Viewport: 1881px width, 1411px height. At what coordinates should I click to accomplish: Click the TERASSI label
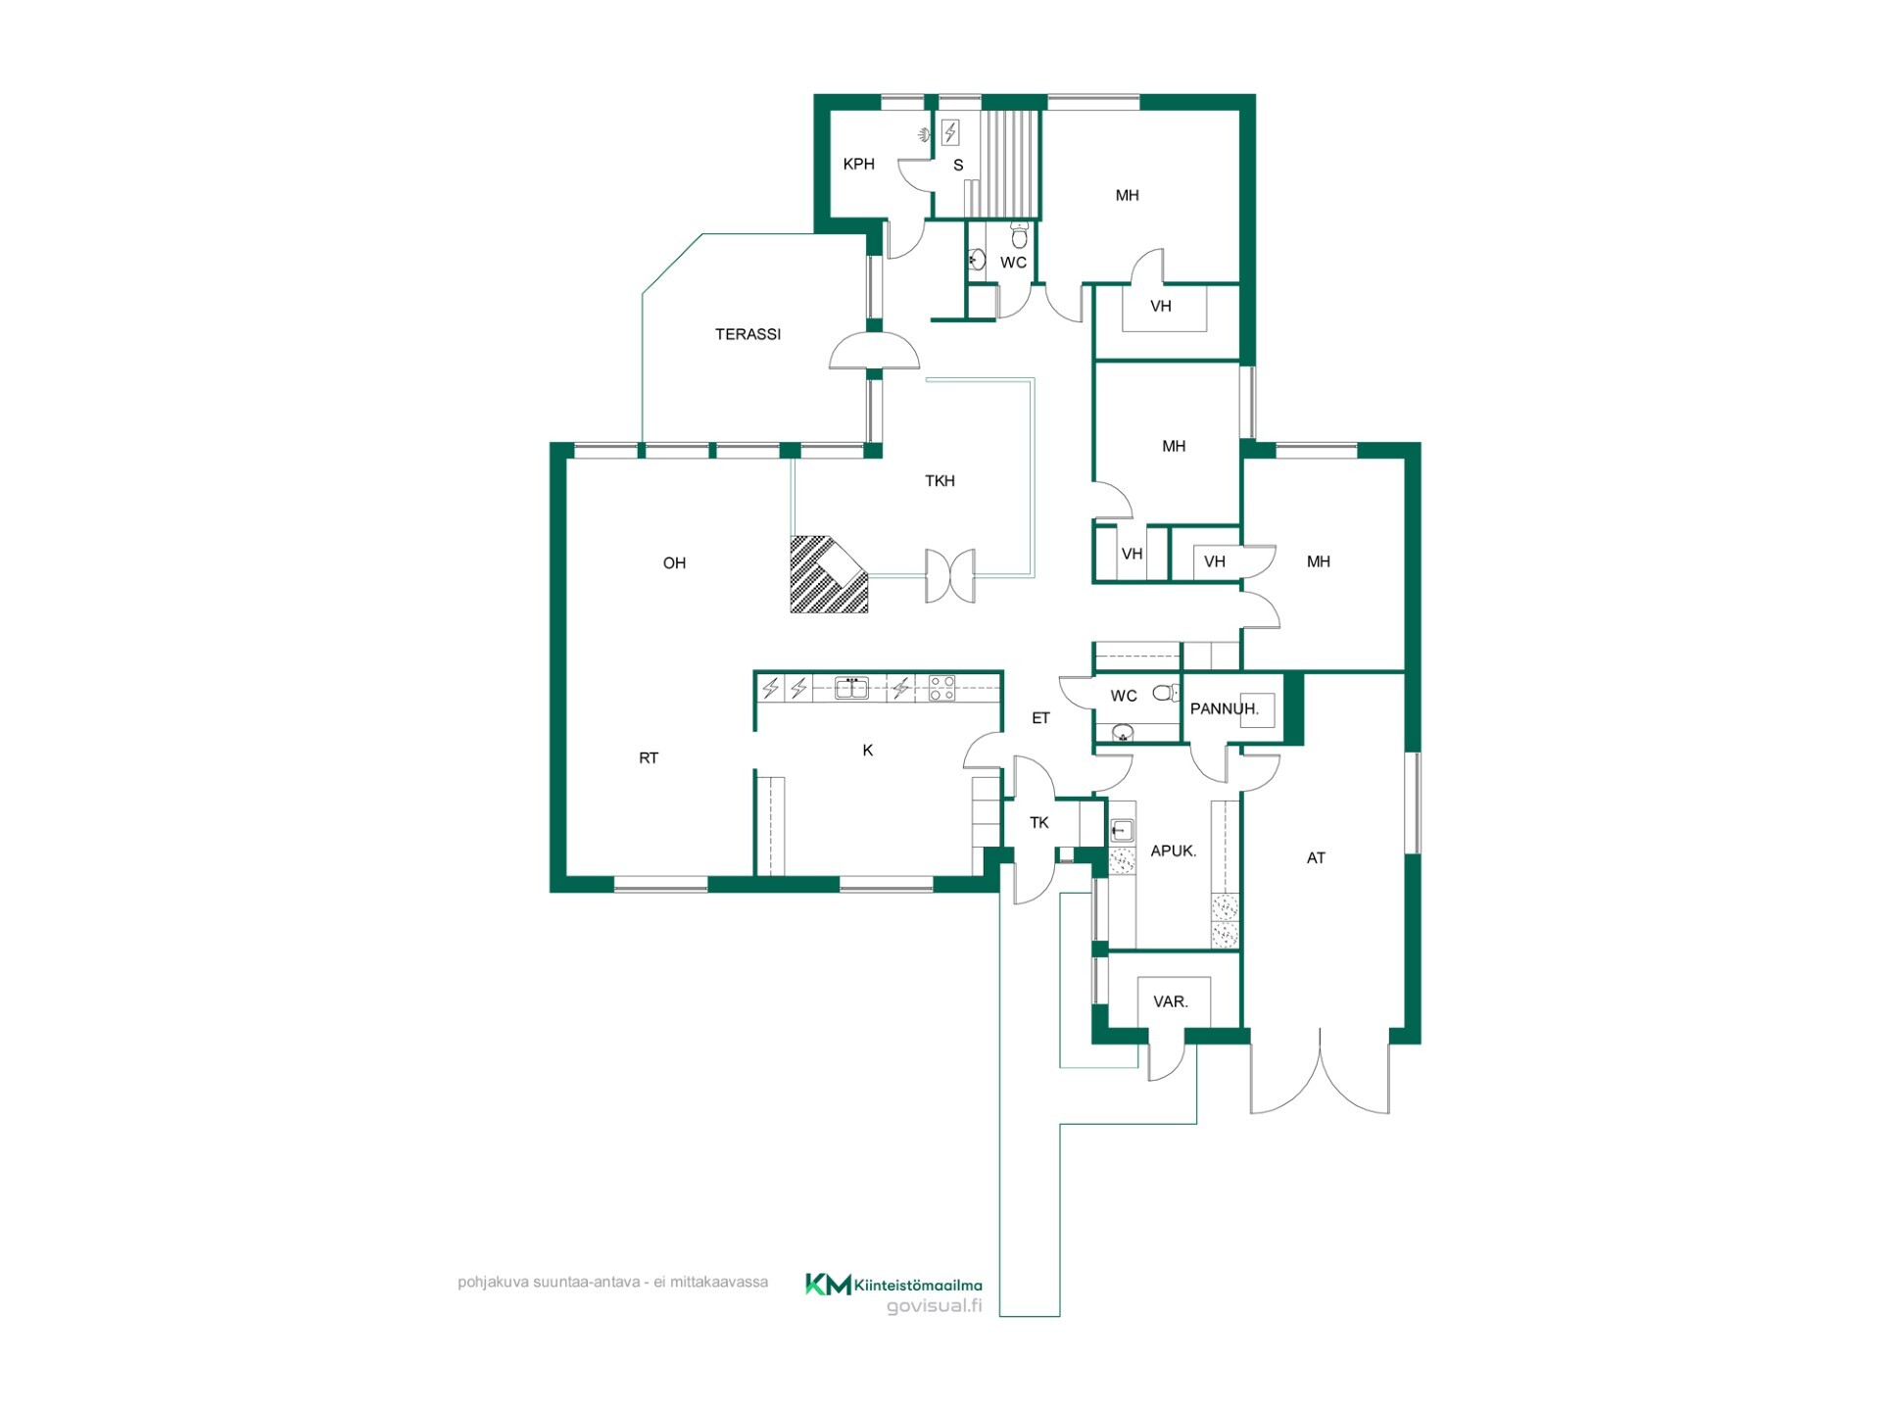click(748, 334)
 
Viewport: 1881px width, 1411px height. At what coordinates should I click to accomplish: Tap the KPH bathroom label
click(858, 164)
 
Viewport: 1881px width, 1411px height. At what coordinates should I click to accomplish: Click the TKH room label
click(940, 480)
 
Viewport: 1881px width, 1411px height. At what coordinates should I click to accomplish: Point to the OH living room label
click(674, 562)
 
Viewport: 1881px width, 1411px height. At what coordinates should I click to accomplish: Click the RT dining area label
click(649, 757)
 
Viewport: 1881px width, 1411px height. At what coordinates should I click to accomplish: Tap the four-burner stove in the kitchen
click(941, 688)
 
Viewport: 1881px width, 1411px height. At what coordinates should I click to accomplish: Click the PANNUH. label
click(1225, 708)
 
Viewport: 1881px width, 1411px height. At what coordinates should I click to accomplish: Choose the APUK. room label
click(1173, 851)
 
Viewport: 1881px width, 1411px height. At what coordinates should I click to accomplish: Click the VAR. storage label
click(1171, 1001)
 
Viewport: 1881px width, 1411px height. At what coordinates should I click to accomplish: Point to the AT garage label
click(1316, 857)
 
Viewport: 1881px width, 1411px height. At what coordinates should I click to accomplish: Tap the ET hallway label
click(1040, 718)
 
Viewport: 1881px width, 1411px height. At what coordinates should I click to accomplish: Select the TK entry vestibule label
click(1039, 822)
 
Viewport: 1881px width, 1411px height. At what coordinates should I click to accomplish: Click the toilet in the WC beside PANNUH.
click(1165, 693)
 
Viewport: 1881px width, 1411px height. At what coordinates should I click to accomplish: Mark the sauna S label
click(958, 166)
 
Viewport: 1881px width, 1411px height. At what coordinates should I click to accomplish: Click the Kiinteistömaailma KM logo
click(828, 1284)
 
